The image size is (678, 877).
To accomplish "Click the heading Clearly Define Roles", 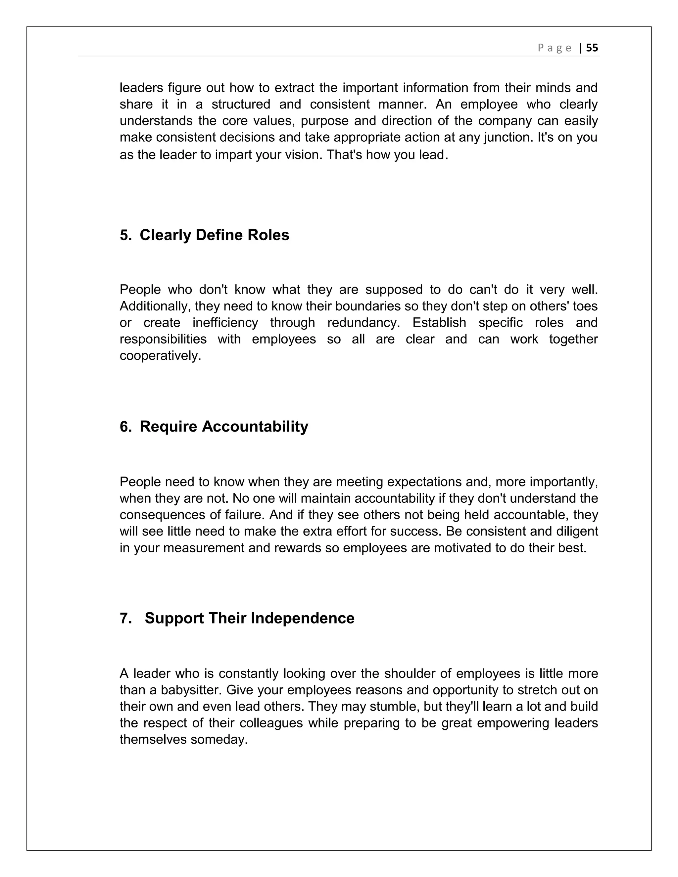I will (x=214, y=235).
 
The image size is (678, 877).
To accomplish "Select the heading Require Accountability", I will (x=224, y=427).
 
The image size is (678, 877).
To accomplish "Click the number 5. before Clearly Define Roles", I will (x=126, y=235).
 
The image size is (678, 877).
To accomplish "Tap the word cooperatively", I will (x=160, y=356).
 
